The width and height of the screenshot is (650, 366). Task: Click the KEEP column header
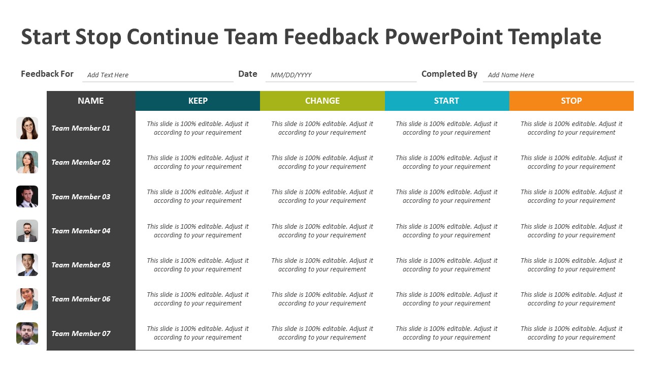198,101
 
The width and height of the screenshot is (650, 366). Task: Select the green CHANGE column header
322,101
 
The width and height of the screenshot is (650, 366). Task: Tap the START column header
446,101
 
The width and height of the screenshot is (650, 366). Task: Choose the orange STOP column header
571,101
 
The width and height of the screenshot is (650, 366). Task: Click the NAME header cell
91,101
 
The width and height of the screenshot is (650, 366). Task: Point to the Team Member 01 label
81,128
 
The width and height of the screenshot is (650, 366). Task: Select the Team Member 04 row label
81,231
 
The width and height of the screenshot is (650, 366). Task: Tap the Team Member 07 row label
81,333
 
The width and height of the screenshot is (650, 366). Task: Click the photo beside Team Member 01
27,128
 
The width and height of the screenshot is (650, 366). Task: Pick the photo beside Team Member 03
27,197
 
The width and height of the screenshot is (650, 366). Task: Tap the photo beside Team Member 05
27,265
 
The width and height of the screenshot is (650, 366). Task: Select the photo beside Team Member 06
27,299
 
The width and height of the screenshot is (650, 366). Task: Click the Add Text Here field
108,75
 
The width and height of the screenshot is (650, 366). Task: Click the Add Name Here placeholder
511,75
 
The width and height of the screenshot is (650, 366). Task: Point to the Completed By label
449,74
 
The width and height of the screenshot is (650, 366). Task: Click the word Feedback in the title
331,37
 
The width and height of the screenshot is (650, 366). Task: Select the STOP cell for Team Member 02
571,162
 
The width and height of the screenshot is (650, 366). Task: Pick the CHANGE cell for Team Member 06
322,299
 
